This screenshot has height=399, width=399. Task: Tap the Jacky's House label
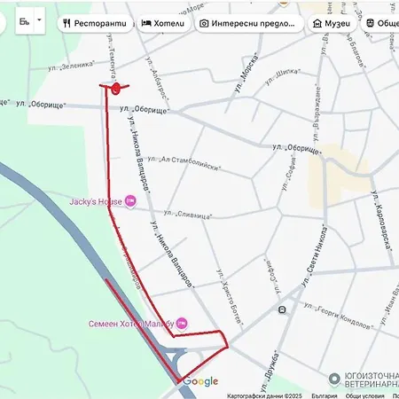(x=96, y=202)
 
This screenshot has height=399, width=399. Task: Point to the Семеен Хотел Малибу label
(x=131, y=324)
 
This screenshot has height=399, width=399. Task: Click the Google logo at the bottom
(x=201, y=381)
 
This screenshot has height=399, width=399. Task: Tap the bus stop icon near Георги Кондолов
(x=282, y=310)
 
